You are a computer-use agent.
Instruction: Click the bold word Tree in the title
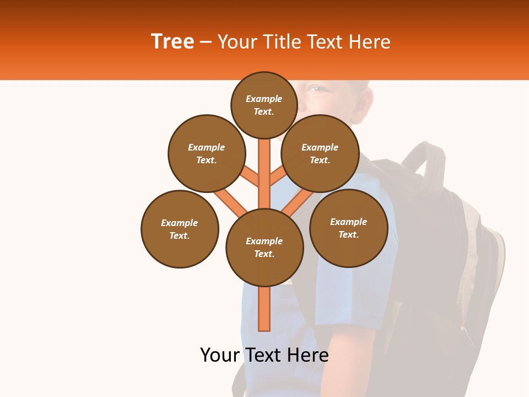click(x=172, y=42)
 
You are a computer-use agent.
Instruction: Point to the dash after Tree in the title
click(x=206, y=42)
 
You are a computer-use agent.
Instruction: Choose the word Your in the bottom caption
click(x=220, y=355)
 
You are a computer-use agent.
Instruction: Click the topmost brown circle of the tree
click(x=264, y=104)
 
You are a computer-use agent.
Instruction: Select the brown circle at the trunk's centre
click(x=264, y=247)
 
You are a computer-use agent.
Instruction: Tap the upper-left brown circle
click(x=207, y=153)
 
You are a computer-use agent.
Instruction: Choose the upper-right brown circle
click(x=320, y=153)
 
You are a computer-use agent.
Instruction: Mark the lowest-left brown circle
click(x=180, y=229)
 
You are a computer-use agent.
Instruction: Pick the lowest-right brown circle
click(x=348, y=228)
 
